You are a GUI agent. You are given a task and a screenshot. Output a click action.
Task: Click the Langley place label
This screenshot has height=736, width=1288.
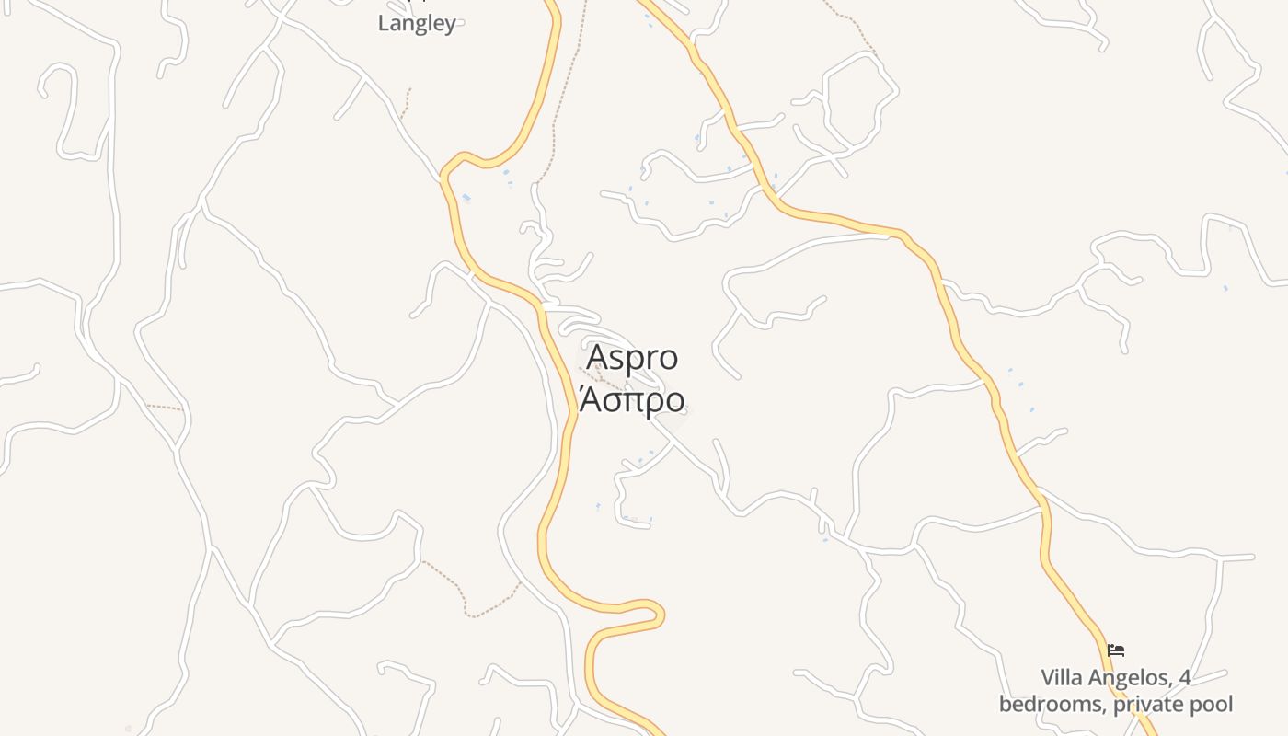pyautogui.click(x=417, y=24)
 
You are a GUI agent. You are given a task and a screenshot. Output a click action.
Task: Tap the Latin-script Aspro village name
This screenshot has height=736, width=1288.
pyautogui.click(x=632, y=357)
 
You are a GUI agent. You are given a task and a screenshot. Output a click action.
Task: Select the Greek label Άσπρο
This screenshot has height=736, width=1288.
pyautogui.click(x=632, y=400)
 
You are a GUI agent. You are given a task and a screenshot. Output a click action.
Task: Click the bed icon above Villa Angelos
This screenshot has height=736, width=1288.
pyautogui.click(x=1116, y=650)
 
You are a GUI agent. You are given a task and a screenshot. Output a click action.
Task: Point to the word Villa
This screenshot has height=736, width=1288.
pyautogui.click(x=1062, y=678)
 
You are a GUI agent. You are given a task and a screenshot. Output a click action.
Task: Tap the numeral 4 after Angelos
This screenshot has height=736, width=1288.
pyautogui.click(x=1185, y=678)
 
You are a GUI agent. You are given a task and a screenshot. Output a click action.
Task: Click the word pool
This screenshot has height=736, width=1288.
pyautogui.click(x=1212, y=705)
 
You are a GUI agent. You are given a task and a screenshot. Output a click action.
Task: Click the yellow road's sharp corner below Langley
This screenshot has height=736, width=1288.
pyautogui.click(x=446, y=171)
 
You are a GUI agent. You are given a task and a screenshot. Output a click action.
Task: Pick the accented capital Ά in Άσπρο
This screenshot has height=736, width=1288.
pyautogui.click(x=590, y=400)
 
